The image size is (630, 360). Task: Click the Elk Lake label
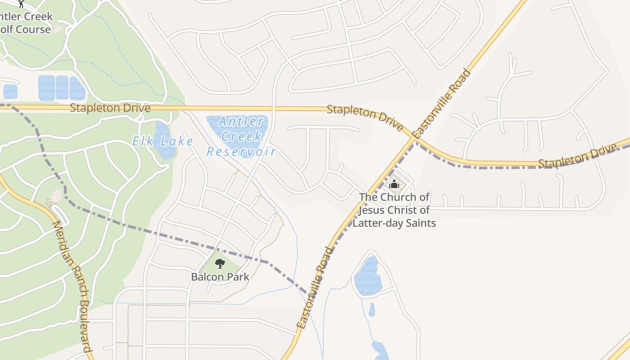162,142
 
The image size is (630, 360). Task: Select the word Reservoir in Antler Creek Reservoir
241,152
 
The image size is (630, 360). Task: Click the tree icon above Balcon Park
220,264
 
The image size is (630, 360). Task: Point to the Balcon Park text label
220,277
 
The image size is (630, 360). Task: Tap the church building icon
394,184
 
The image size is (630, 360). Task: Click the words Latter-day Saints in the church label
394,223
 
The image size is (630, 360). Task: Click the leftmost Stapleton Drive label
110,108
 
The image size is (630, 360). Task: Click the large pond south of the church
368,277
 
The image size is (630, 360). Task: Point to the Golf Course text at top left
26,30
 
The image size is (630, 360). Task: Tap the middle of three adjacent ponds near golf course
62,87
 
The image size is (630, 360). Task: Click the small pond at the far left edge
10,91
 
